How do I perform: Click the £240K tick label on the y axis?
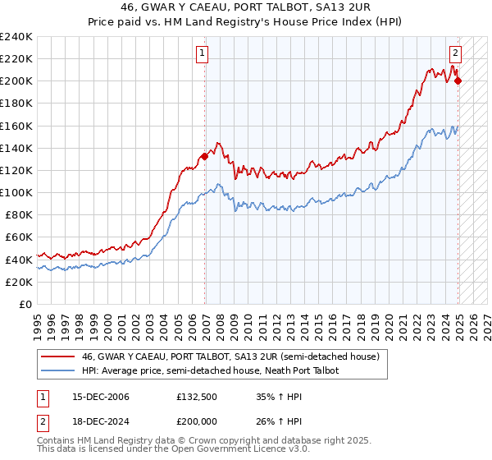16,37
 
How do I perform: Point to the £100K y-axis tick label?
16,192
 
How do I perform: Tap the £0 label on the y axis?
25,304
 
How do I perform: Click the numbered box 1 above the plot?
202,55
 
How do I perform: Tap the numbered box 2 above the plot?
455,55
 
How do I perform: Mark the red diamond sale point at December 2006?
204,156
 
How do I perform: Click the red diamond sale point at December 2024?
458,80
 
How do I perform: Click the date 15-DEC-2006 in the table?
96,397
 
